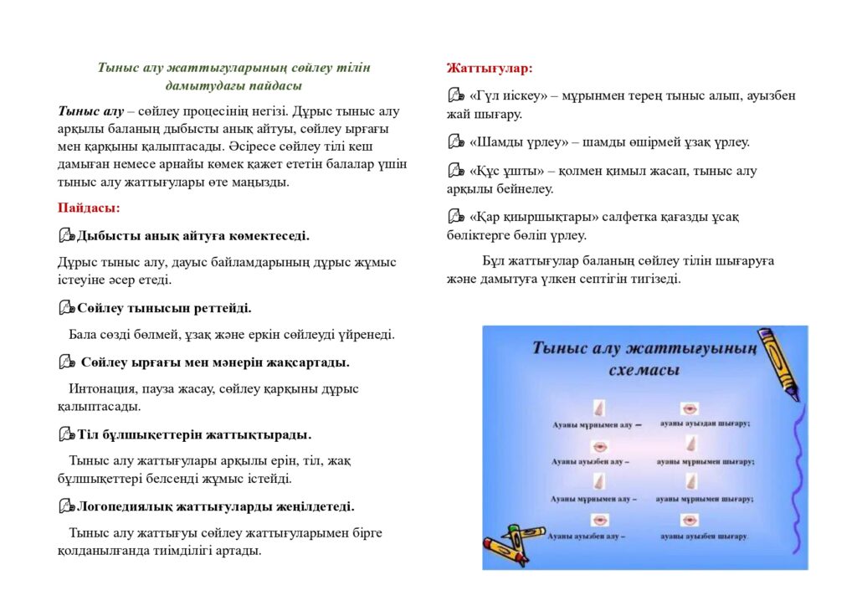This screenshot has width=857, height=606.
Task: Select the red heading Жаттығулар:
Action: click(490, 68)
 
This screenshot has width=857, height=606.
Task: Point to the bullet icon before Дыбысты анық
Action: click(67, 236)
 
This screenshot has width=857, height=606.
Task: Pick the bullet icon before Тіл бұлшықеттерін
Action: click(67, 434)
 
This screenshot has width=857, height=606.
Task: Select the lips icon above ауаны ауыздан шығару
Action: click(690, 408)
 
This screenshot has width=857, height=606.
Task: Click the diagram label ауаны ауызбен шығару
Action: click(703, 536)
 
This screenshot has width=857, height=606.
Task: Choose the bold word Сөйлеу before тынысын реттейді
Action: click(101, 308)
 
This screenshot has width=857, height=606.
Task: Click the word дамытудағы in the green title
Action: click(198, 85)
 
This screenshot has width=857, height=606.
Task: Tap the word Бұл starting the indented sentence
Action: click(495, 261)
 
